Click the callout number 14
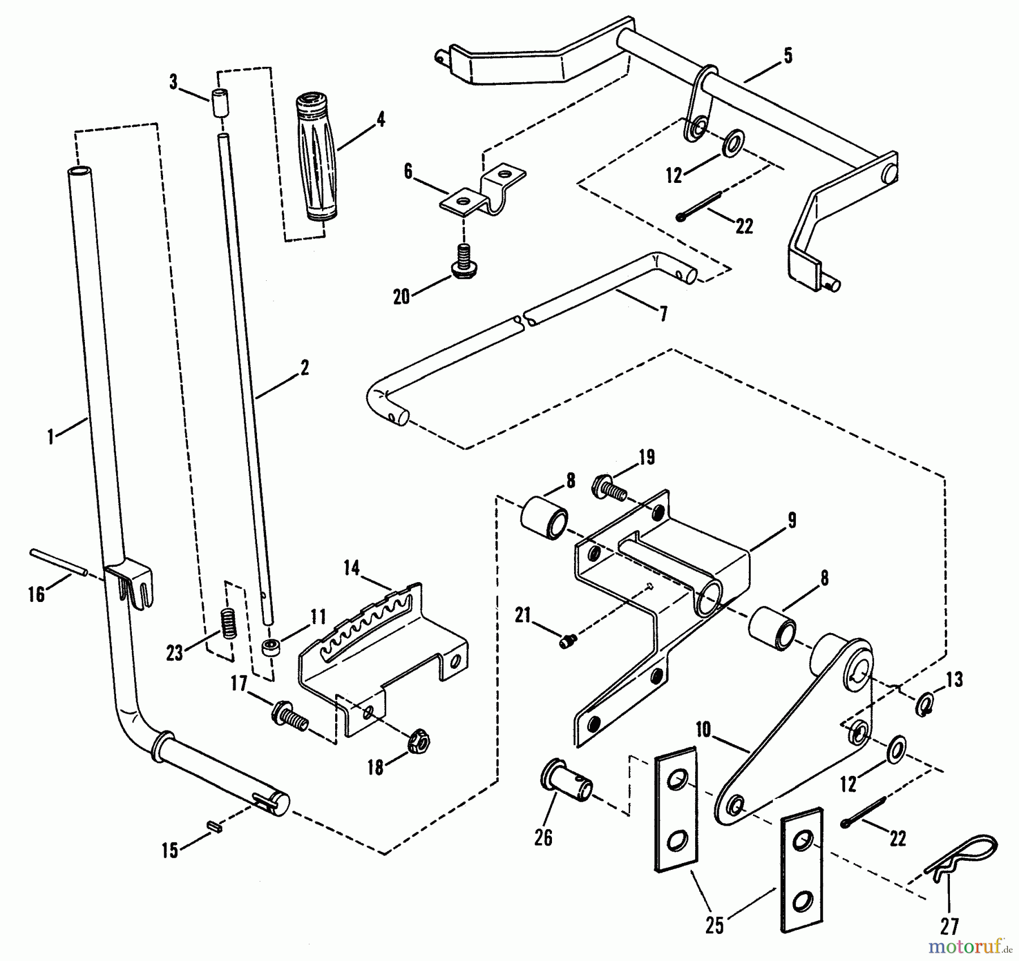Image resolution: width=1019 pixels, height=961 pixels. tap(352, 567)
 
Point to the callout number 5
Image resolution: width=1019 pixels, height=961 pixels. tap(787, 56)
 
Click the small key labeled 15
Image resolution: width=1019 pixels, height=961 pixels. tap(217, 827)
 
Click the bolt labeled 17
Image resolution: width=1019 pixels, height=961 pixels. tap(290, 717)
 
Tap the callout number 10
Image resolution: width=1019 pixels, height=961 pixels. tap(703, 730)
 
